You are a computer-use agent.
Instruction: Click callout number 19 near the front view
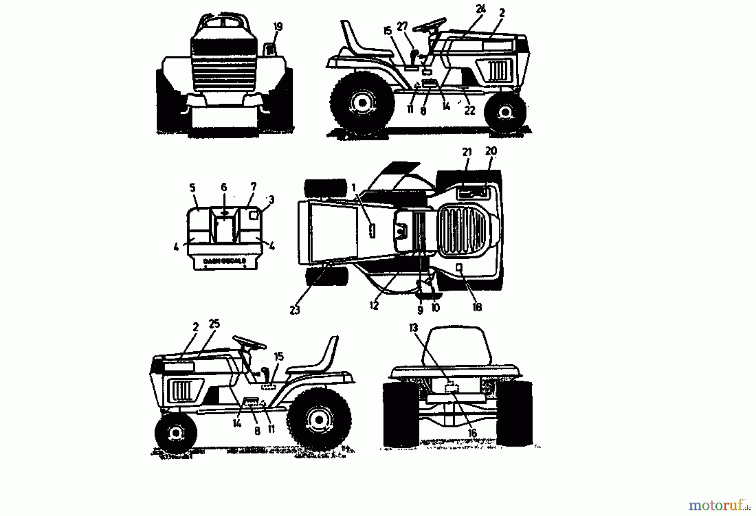tap(278, 27)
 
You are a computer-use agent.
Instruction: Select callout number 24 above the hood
tap(480, 9)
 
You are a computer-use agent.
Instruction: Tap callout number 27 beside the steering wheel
tap(402, 26)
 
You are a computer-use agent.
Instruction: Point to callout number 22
tap(470, 110)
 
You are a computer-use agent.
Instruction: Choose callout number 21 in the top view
tap(467, 152)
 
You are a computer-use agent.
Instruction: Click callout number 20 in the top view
tap(491, 150)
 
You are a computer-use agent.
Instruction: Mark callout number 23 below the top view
tap(295, 310)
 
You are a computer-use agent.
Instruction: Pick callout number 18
tap(477, 307)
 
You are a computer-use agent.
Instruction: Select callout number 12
tap(374, 306)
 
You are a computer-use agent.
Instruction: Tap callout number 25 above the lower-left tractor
tap(214, 324)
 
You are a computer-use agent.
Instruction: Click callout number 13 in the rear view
tap(414, 328)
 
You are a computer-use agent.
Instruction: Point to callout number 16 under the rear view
tap(472, 433)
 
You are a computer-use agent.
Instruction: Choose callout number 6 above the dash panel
tap(224, 187)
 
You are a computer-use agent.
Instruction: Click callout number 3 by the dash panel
tap(271, 200)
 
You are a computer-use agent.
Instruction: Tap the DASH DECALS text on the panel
tap(225, 261)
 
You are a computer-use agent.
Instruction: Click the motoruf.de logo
tap(719, 504)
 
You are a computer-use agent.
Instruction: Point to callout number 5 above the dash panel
tap(193, 187)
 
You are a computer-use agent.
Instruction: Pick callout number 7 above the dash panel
tap(253, 186)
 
